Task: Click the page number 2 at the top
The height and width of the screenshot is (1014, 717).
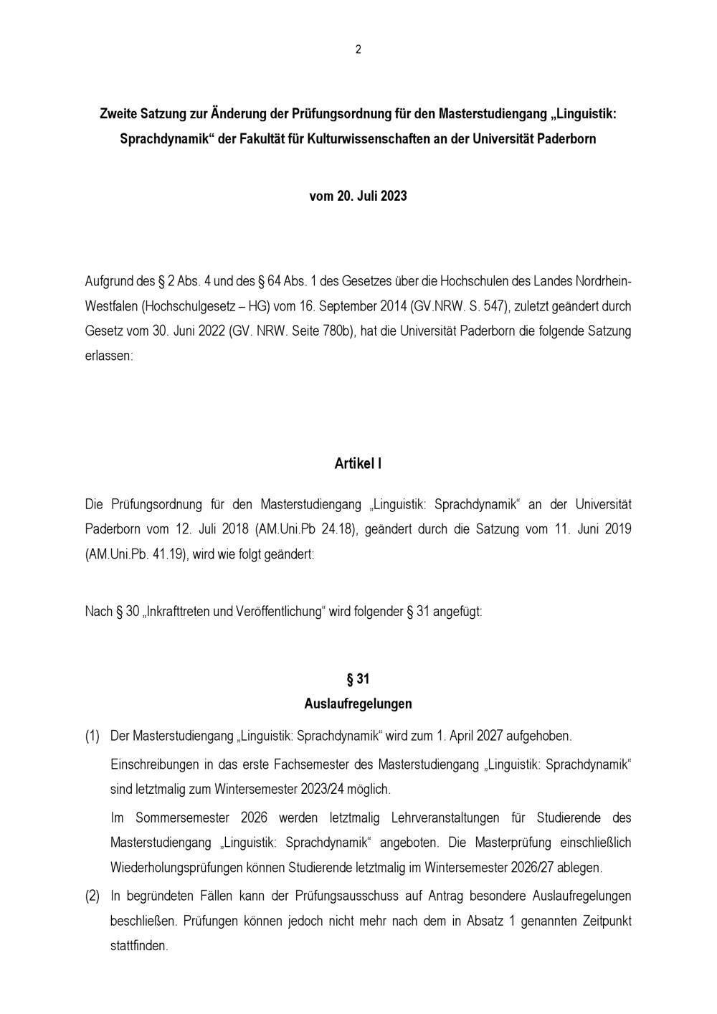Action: (358, 49)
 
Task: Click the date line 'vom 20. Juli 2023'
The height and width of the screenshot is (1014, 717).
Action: (358, 196)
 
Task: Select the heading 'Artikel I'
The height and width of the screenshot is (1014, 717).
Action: (358, 463)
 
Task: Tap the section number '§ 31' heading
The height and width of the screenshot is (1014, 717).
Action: (358, 678)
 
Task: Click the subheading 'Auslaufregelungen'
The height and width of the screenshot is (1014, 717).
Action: (358, 703)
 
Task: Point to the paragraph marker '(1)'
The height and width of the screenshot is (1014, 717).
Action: (92, 736)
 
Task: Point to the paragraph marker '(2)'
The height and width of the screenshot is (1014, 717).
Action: (92, 896)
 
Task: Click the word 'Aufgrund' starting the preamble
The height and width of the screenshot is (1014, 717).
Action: (109, 280)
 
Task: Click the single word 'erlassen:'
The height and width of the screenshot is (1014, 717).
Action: (109, 356)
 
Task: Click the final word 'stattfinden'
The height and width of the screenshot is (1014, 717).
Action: (138, 946)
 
